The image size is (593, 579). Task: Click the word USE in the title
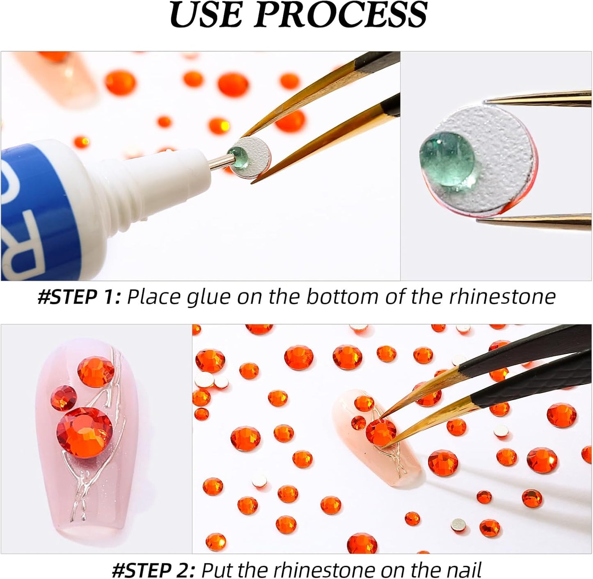click(207, 15)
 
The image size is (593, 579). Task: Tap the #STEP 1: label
click(79, 296)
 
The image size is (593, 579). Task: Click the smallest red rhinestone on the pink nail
click(63, 398)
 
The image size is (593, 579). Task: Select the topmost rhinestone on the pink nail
click(96, 372)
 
